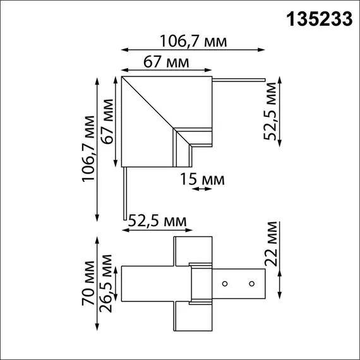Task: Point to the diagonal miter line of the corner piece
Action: tap(149, 104)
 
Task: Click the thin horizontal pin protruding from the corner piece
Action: tap(239, 80)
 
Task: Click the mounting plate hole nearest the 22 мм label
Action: tap(251, 283)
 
